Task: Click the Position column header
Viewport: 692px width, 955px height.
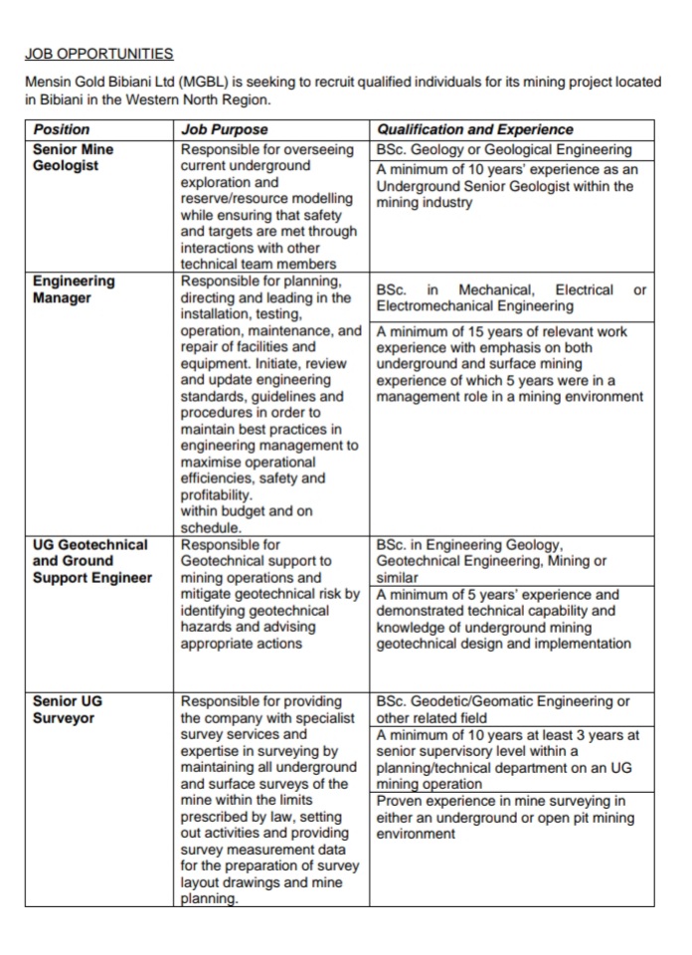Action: point(62,129)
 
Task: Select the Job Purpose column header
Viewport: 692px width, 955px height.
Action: point(224,129)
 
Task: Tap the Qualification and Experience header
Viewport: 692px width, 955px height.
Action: point(474,129)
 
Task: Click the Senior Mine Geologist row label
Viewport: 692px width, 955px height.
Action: point(74,157)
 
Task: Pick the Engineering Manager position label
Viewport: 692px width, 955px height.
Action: point(74,289)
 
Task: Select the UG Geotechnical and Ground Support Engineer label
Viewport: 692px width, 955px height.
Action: point(91,561)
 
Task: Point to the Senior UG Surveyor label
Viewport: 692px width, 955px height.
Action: point(68,709)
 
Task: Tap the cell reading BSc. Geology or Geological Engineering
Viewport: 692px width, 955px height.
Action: point(504,149)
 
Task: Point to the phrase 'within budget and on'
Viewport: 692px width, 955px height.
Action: point(247,511)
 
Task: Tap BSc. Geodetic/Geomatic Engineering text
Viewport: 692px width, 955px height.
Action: point(502,701)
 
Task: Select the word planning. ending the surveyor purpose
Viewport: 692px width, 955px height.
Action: point(210,899)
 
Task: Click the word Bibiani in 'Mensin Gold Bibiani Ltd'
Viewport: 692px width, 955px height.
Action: point(135,81)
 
